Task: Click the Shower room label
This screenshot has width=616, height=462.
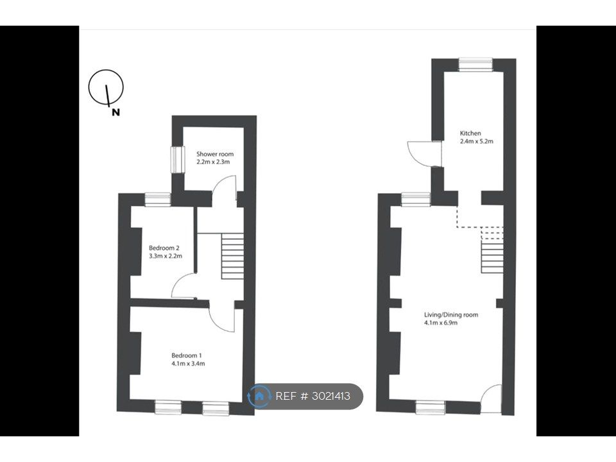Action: point(215,154)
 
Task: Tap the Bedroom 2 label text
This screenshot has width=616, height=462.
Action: point(164,248)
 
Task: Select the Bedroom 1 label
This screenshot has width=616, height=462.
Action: point(187,355)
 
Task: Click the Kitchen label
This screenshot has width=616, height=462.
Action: point(470,133)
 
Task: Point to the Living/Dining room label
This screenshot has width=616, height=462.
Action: point(451,314)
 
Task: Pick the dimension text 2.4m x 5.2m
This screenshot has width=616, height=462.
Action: point(477,141)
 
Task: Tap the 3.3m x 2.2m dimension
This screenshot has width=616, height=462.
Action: point(166,256)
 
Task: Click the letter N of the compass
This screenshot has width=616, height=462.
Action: point(116,112)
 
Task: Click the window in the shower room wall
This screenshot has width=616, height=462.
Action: point(178,159)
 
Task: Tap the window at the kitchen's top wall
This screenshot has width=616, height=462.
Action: point(475,65)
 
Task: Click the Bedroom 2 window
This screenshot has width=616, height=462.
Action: point(158,200)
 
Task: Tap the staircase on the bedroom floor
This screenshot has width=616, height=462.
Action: point(232,256)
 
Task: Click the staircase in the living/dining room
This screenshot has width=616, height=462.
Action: point(492,250)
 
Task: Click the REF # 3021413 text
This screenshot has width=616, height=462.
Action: point(312,396)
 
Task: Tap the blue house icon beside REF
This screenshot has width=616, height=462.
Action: point(259,396)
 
